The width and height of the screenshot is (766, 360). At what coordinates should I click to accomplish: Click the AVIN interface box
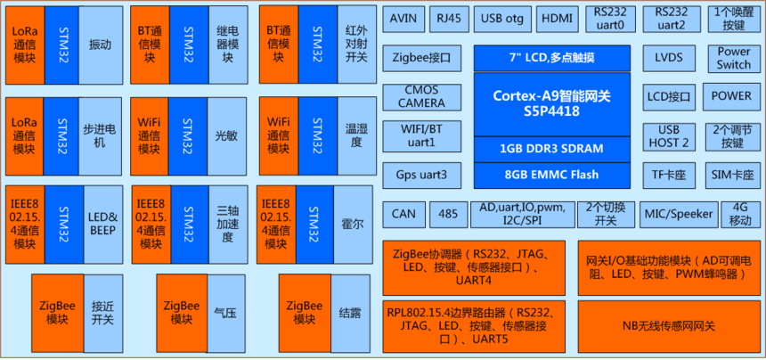coord(403,18)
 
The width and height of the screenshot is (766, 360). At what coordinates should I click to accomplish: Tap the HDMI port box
coord(558,18)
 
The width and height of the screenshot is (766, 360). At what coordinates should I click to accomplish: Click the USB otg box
coord(502,18)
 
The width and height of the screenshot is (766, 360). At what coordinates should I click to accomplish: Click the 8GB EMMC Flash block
coord(552,175)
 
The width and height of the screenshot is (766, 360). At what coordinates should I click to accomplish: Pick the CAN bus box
coord(403,214)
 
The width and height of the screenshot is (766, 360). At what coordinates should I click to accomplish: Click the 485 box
coord(448,214)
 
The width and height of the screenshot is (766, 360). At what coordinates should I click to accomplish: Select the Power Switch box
coord(733,59)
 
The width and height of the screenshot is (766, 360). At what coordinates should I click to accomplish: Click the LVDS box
coord(668,59)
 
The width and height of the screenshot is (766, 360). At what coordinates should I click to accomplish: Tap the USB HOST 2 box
coord(668,136)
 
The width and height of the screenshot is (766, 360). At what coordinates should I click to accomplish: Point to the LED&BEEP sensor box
coord(103,224)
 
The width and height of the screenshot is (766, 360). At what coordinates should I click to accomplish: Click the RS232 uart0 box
coord(615,19)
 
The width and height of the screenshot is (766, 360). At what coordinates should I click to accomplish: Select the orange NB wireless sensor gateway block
coord(669,325)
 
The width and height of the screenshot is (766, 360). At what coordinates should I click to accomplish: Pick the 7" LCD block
coord(552,59)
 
